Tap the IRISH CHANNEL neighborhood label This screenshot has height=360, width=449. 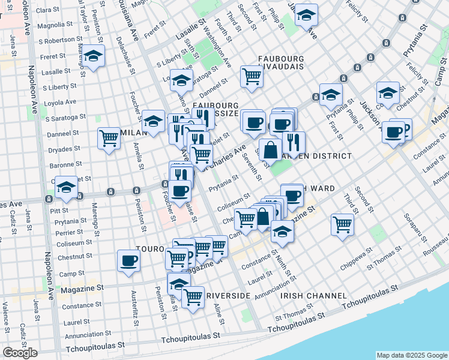tap(313, 296)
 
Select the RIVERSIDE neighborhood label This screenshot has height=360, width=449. tap(228, 296)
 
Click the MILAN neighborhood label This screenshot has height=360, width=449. tap(133, 131)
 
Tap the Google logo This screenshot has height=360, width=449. tap(20, 353)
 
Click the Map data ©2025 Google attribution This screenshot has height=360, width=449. tap(411, 355)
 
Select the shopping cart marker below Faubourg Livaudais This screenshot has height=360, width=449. tap(252, 76)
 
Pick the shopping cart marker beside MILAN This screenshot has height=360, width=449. tap(109, 138)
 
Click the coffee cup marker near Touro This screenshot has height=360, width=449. tap(128, 260)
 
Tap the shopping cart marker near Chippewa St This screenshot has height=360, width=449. tap(342, 225)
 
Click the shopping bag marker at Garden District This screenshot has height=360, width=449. tap(270, 149)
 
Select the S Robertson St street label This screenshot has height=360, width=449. tap(52, 41)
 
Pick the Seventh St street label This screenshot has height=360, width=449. tap(250, 167)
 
